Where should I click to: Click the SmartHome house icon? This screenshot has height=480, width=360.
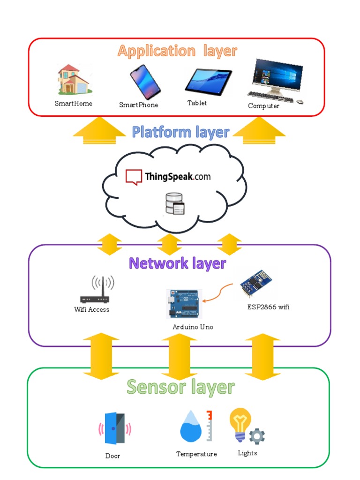pos(73,80)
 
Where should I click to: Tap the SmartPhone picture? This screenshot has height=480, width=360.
pos(145,82)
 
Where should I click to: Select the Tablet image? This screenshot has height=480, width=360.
pos(208,81)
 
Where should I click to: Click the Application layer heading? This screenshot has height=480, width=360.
pos(177,51)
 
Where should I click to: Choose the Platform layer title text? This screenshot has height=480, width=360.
pos(180,132)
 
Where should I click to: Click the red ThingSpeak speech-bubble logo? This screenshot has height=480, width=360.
pos(134,177)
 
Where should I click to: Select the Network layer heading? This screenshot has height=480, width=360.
pos(177,263)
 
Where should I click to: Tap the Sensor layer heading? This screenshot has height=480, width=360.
pos(180,387)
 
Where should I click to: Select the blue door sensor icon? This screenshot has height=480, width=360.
pos(114,428)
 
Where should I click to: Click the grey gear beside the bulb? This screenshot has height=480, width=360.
pos(257,436)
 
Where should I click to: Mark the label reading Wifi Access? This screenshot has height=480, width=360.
pos(92,309)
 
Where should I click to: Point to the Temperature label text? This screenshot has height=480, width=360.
pos(196,454)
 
